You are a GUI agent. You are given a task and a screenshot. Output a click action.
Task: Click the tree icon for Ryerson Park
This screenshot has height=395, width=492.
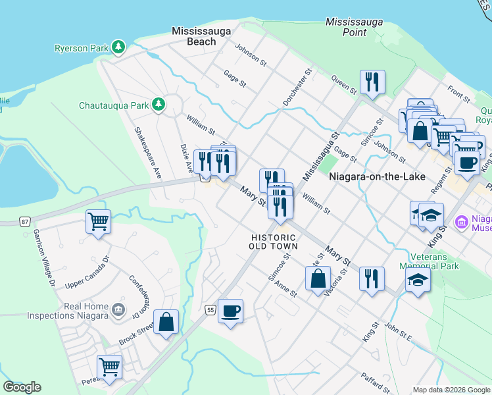[118, 47]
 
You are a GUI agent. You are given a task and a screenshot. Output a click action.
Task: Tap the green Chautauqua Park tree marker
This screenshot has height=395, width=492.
[158, 105]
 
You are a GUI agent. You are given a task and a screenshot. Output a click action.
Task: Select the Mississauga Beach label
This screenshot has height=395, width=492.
[193, 36]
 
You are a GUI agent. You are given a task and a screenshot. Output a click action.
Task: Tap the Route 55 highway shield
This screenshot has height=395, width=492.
[210, 309]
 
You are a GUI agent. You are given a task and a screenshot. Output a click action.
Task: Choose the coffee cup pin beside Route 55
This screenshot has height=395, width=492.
[230, 311]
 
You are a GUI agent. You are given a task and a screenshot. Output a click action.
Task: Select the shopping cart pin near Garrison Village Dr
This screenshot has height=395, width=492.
[98, 222]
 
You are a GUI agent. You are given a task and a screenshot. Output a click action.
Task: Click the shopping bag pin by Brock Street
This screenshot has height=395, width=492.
[166, 323]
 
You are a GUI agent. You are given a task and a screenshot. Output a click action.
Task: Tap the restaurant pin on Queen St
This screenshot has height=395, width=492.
[372, 82]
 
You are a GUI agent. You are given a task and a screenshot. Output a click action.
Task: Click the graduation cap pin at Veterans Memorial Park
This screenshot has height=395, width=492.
[418, 280]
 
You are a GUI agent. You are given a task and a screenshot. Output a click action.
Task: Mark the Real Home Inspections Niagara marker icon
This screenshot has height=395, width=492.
[118, 309]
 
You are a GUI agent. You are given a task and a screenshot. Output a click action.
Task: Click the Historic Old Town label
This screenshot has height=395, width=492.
[274, 242]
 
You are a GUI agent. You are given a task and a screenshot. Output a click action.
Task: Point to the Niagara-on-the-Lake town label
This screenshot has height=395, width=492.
[378, 176]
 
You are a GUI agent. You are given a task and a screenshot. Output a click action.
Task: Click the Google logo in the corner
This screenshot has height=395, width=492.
[22, 387]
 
